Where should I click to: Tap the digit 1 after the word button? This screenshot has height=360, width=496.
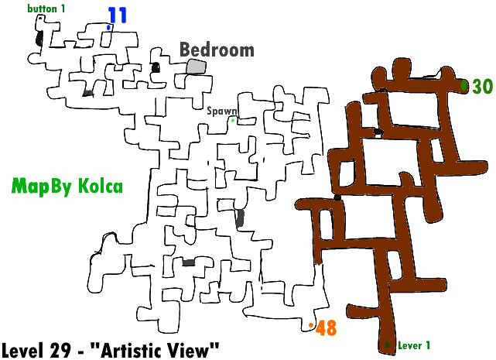click(63, 9)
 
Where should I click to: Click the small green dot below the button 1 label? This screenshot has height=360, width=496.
click(40, 18)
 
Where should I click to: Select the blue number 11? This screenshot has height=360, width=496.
click(118, 15)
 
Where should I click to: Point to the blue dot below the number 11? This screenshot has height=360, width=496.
click(109, 28)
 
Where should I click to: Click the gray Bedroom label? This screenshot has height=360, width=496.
click(217, 50)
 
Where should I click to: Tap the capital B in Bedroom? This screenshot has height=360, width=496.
click(186, 50)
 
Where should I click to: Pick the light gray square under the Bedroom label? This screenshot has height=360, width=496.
click(196, 67)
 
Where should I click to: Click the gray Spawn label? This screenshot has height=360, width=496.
click(221, 111)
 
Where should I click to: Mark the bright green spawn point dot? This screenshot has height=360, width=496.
click(232, 120)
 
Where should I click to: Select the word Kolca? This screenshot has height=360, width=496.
click(100, 187)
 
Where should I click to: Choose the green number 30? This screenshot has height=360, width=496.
click(482, 87)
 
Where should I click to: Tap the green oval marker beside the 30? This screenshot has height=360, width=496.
click(464, 85)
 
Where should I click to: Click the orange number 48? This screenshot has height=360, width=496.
click(327, 328)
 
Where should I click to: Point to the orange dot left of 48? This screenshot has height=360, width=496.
click(311, 325)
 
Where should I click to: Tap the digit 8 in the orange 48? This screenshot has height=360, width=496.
click(331, 328)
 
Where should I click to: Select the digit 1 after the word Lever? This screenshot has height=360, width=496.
click(428, 345)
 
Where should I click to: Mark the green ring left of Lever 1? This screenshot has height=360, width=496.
click(387, 345)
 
